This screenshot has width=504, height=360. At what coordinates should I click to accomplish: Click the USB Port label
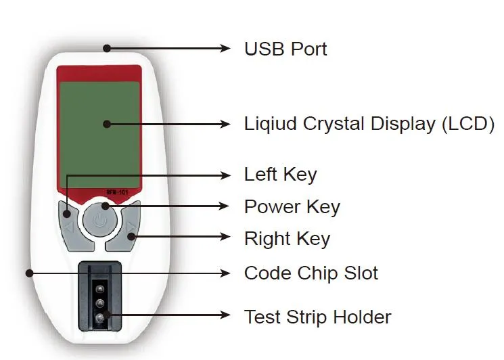point(285,49)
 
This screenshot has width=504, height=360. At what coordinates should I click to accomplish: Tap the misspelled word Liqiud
point(271,125)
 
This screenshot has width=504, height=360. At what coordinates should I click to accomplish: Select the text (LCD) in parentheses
point(466,125)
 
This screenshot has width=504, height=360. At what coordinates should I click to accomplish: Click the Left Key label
point(280,175)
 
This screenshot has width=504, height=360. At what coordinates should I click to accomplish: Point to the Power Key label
point(292,206)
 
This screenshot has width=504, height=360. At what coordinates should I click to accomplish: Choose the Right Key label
point(287,238)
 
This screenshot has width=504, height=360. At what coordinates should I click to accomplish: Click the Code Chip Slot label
point(311,273)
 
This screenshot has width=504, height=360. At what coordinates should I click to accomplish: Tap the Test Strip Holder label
point(317,316)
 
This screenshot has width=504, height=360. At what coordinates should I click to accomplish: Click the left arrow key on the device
point(68,220)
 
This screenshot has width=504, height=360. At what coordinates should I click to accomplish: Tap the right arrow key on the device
point(131,220)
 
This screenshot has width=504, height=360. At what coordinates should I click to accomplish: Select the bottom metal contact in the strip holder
point(99,317)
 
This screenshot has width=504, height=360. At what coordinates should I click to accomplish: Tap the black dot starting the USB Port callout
point(106,47)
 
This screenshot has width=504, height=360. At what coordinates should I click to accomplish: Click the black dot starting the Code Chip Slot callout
point(29,273)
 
